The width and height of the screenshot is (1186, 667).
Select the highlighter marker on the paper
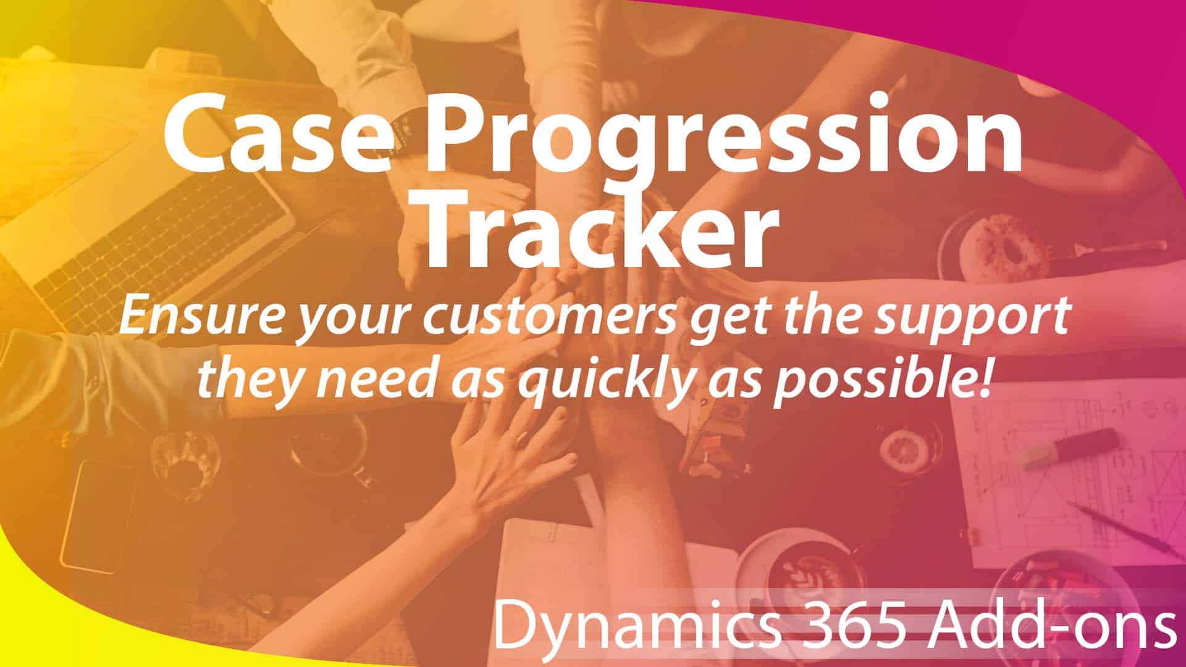[1072, 448]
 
